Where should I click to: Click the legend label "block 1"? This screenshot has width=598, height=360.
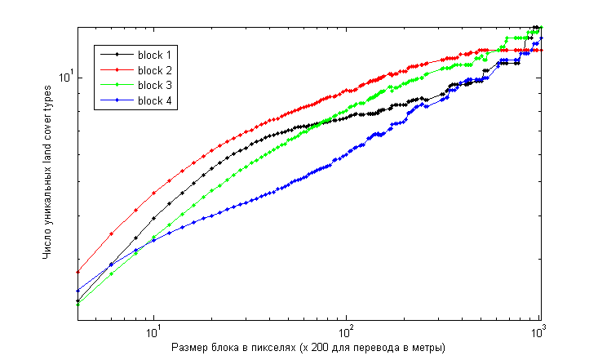[x=155, y=54]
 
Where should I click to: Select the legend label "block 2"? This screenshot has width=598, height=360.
[x=155, y=69]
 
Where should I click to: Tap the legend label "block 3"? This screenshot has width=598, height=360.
[x=155, y=85]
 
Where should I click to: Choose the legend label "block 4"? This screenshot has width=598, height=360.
[x=155, y=100]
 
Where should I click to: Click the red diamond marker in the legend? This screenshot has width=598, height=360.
[x=117, y=69]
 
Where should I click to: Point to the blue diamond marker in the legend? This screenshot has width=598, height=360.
[x=117, y=100]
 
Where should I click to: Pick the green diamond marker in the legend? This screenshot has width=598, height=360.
[x=117, y=85]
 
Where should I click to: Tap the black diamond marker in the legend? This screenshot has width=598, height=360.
[x=117, y=54]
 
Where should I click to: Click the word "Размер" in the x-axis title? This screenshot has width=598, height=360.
[x=189, y=349]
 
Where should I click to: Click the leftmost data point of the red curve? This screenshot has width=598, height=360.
[x=78, y=272]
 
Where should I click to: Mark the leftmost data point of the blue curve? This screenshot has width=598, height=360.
[x=78, y=291]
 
